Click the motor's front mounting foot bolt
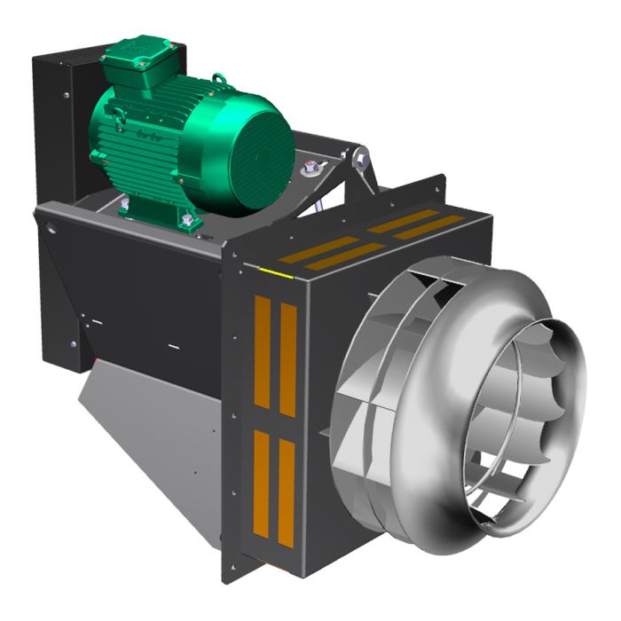click(185, 219)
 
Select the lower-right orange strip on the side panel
click(286, 492)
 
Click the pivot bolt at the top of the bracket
click(361, 158)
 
